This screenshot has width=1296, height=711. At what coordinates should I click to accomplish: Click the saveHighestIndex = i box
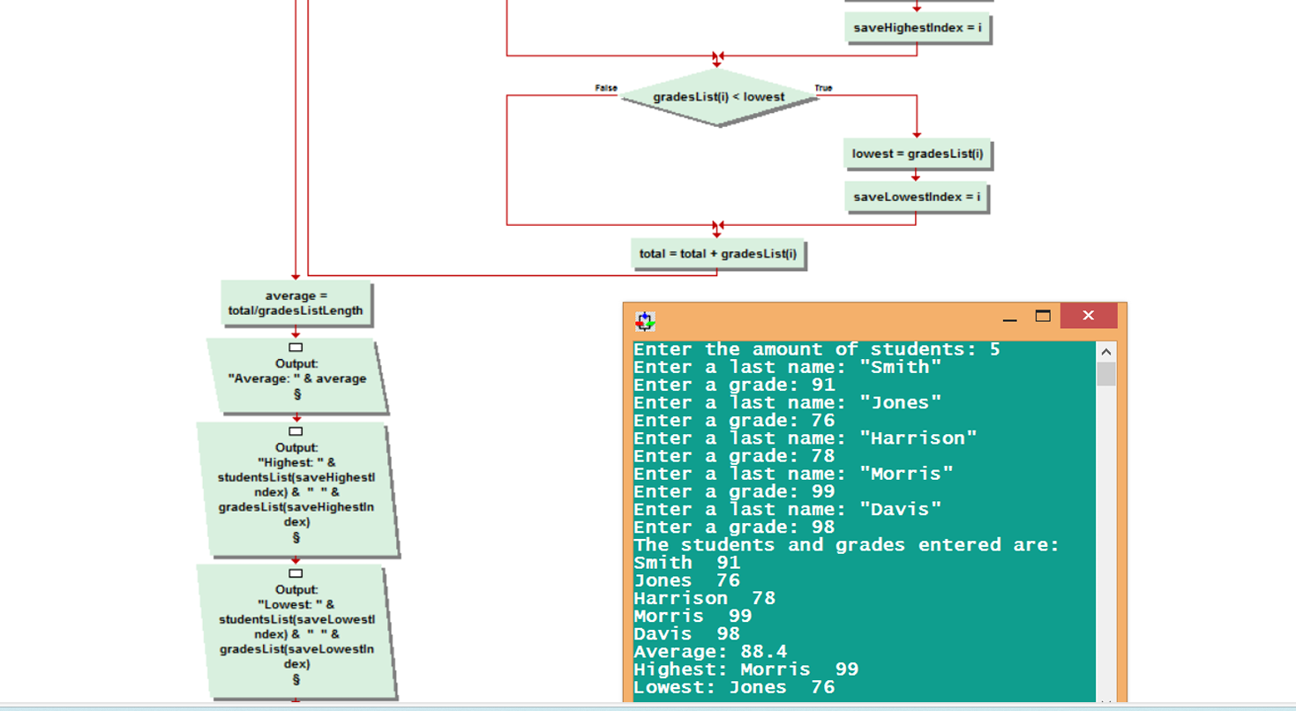coord(917,27)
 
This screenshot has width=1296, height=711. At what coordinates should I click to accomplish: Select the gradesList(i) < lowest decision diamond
coord(719,96)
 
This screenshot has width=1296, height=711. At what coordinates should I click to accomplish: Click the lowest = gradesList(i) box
coord(917,153)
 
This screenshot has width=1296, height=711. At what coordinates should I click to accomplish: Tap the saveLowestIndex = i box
coord(916,196)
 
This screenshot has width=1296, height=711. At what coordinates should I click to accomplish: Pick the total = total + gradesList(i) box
coord(717,254)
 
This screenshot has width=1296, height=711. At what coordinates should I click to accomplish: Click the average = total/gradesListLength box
coord(296,303)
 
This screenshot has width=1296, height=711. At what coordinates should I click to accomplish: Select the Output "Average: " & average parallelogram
coord(296,375)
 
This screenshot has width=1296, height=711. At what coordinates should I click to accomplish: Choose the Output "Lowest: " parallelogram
coord(296,630)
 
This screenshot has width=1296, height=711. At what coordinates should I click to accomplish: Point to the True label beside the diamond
coord(823,88)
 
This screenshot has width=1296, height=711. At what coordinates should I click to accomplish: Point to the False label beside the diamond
coord(606,88)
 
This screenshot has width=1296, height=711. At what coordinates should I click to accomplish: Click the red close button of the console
coord(1088,316)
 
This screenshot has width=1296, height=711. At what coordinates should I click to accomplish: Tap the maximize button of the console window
coord(1043,316)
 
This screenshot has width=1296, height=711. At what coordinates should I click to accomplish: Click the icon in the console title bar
coord(646,320)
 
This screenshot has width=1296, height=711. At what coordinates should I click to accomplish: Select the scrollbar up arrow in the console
coord(1106,352)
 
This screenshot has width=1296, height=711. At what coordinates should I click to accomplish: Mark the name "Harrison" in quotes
coord(918,438)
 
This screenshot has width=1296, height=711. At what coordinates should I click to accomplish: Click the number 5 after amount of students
coord(994,349)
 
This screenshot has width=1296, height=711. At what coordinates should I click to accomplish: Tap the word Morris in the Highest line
coord(775,670)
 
